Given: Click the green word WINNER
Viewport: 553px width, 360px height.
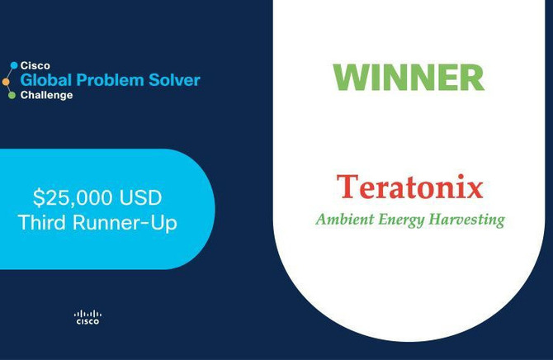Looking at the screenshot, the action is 409,78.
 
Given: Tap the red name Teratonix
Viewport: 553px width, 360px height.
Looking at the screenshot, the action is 410,187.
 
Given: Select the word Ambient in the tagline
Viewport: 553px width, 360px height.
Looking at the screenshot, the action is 345,219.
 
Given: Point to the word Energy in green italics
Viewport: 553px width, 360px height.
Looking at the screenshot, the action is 401,220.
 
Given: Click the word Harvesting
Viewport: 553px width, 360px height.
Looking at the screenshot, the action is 467,220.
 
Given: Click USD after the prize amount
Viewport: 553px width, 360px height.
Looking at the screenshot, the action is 140,197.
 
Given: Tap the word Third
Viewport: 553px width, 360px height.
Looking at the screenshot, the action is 41,222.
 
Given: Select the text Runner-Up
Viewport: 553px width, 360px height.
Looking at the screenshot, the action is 125,223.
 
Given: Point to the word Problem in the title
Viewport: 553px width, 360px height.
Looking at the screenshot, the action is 110,80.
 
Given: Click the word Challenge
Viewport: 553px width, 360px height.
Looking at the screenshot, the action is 46,95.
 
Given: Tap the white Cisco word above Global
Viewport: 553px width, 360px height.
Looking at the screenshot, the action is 35,66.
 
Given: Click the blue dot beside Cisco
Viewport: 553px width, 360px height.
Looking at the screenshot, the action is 14,65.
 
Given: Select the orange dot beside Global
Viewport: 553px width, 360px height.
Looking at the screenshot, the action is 6,82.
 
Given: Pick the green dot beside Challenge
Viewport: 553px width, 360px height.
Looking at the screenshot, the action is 12,95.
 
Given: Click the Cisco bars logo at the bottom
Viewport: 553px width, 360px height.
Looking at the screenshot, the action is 87,317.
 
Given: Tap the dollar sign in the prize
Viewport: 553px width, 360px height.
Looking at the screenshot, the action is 38,197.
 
